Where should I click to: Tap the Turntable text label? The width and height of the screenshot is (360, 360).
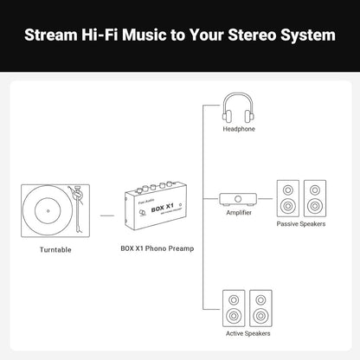[x=55, y=250]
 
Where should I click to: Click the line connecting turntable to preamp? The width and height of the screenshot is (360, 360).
[x=107, y=213]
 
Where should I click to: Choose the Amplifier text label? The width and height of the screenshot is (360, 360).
[x=238, y=212]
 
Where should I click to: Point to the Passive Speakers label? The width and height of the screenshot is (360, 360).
[x=300, y=224]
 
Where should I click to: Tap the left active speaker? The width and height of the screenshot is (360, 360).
[x=235, y=306]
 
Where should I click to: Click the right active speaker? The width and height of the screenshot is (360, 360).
[x=260, y=306]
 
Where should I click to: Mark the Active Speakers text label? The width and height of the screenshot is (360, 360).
[x=247, y=332]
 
